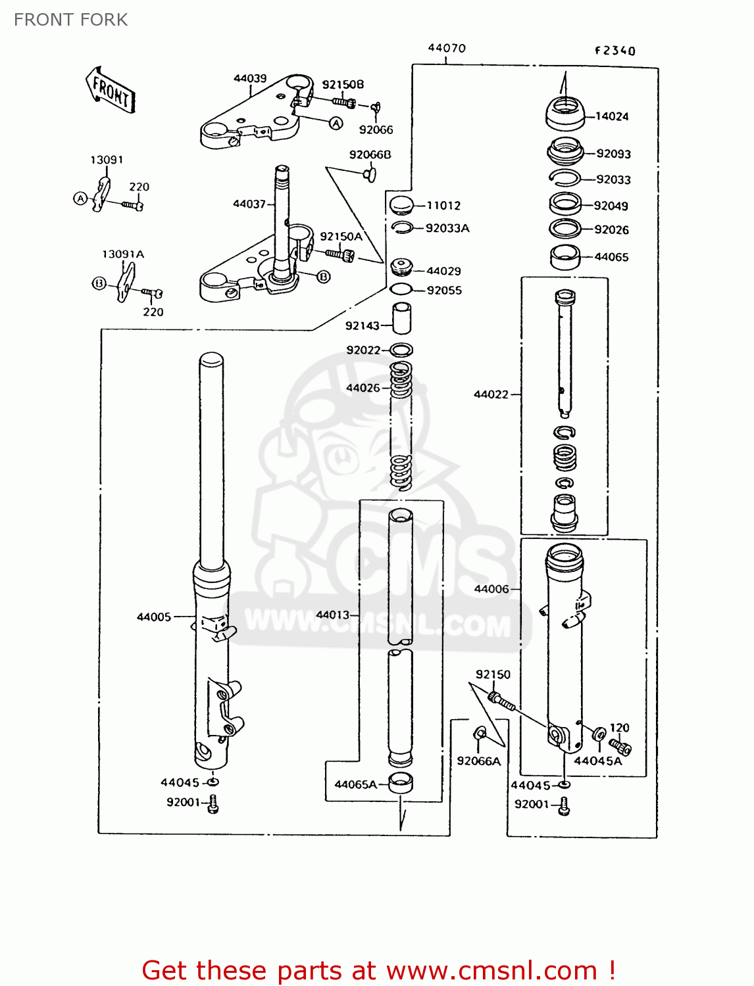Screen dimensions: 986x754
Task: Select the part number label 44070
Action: pyautogui.click(x=447, y=48)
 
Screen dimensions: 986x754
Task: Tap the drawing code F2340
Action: pyautogui.click(x=615, y=51)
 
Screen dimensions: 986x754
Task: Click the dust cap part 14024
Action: pyautogui.click(x=565, y=112)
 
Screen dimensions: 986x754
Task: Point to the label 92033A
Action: pyautogui.click(x=447, y=228)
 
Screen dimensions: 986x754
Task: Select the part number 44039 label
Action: pyautogui.click(x=250, y=78)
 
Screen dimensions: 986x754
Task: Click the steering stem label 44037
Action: pyautogui.click(x=249, y=204)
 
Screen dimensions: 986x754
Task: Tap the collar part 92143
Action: pyautogui.click(x=402, y=319)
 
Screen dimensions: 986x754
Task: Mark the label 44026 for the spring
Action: pyautogui.click(x=363, y=388)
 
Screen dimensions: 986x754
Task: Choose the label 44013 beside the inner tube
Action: pyautogui.click(x=333, y=615)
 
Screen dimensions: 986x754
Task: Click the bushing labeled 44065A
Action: pyautogui.click(x=401, y=784)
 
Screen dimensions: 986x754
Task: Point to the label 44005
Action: pyautogui.click(x=154, y=617)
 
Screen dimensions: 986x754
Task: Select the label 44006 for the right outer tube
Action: pyautogui.click(x=491, y=589)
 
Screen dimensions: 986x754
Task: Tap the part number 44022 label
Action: pyautogui.click(x=491, y=394)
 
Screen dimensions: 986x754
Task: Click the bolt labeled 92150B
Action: pyautogui.click(x=342, y=102)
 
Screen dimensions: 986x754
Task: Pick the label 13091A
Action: pyautogui.click(x=123, y=254)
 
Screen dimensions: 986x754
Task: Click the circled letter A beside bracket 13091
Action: pyautogui.click(x=80, y=198)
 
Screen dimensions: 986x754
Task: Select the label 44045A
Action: pyautogui.click(x=597, y=761)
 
